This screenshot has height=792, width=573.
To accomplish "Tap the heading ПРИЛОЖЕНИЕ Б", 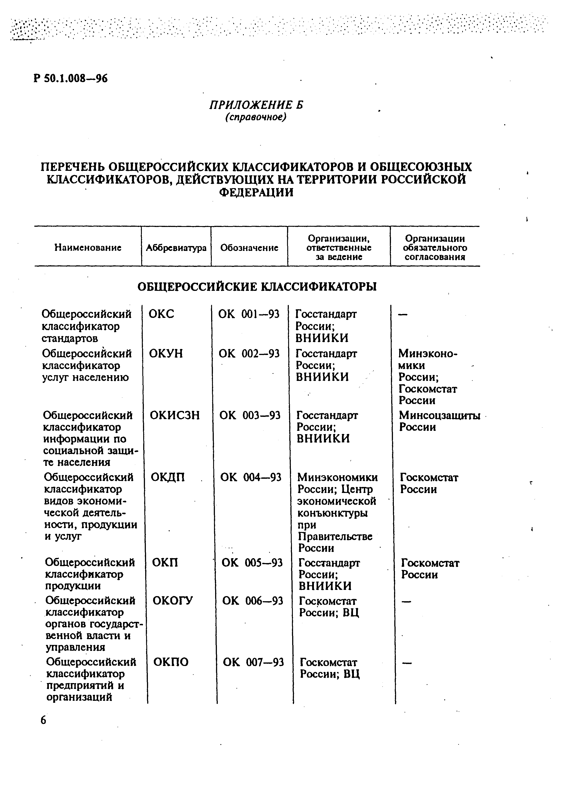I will click(256, 105).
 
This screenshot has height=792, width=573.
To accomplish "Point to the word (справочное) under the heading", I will click(255, 117).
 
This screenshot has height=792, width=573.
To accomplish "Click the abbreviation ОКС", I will click(161, 314).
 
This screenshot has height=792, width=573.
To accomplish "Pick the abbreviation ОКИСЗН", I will click(175, 415).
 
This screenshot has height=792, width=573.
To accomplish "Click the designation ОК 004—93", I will click(250, 477).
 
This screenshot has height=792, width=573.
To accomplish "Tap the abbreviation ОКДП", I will click(168, 477).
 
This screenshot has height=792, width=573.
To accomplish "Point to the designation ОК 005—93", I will click(252, 563).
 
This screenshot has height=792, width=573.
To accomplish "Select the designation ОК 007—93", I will click(253, 662).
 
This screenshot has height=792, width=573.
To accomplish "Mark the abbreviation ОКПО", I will click(171, 662).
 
